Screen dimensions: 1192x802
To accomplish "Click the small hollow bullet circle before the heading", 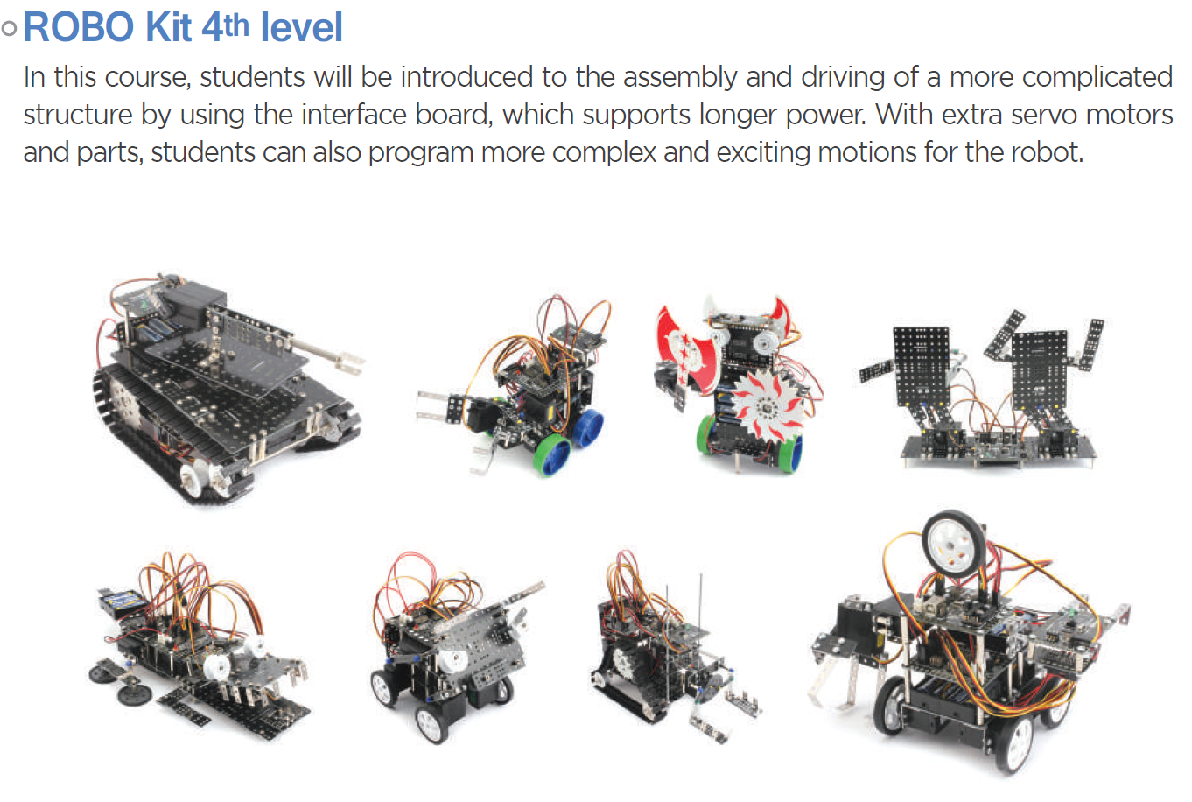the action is (x=9, y=28).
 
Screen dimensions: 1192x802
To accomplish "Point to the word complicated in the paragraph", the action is (x=1097, y=78).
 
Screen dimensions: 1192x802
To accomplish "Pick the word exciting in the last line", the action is (x=762, y=153).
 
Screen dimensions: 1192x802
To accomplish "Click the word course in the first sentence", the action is (x=147, y=78).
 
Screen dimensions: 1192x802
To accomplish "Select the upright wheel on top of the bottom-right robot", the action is (x=954, y=545).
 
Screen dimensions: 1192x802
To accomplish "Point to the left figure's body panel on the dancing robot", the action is (x=922, y=366).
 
